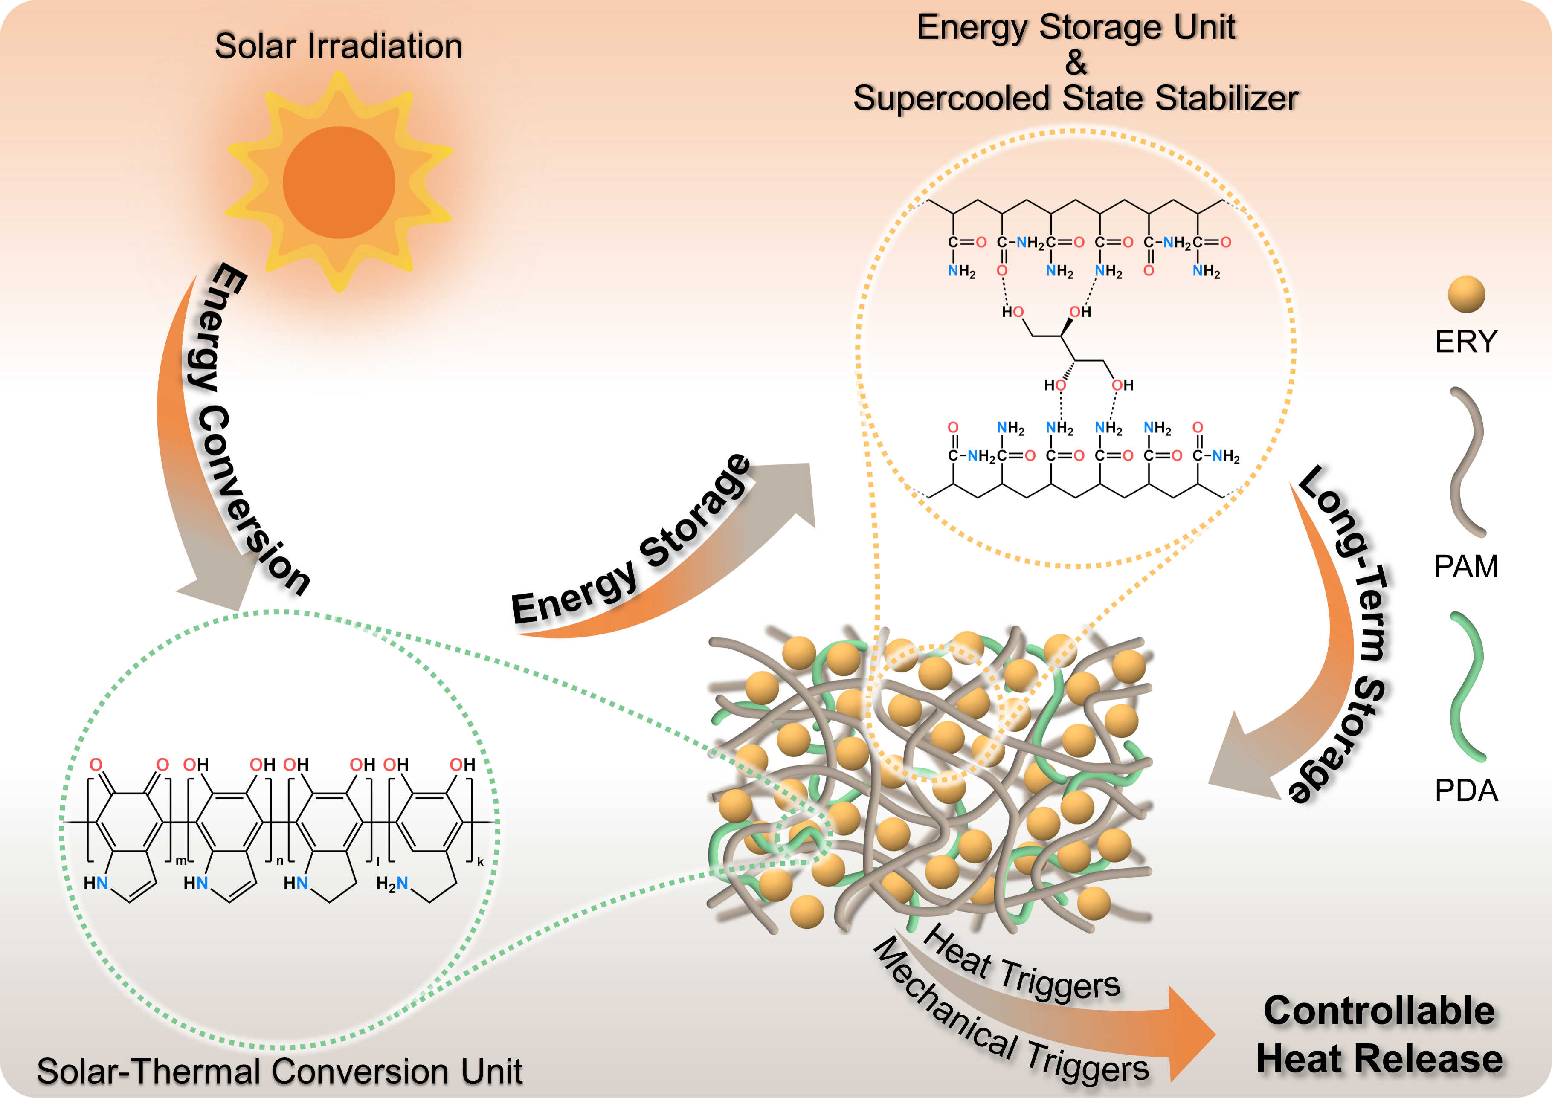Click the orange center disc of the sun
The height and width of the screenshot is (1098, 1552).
(339, 183)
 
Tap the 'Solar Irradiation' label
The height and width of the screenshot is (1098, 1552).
(338, 46)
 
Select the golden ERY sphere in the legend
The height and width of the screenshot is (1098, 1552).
(1466, 294)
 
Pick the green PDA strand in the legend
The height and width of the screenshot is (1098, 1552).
(1466, 686)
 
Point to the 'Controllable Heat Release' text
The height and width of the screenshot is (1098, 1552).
(1380, 1034)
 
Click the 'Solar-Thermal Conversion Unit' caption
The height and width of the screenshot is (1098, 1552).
(279, 1072)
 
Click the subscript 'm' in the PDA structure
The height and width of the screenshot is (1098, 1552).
(180, 860)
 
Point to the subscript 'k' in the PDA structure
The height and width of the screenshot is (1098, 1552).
(481, 862)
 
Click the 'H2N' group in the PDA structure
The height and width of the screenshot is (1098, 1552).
(392, 883)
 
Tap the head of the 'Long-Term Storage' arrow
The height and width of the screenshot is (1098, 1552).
(1238, 754)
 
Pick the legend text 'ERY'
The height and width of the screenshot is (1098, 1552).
(1466, 342)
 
